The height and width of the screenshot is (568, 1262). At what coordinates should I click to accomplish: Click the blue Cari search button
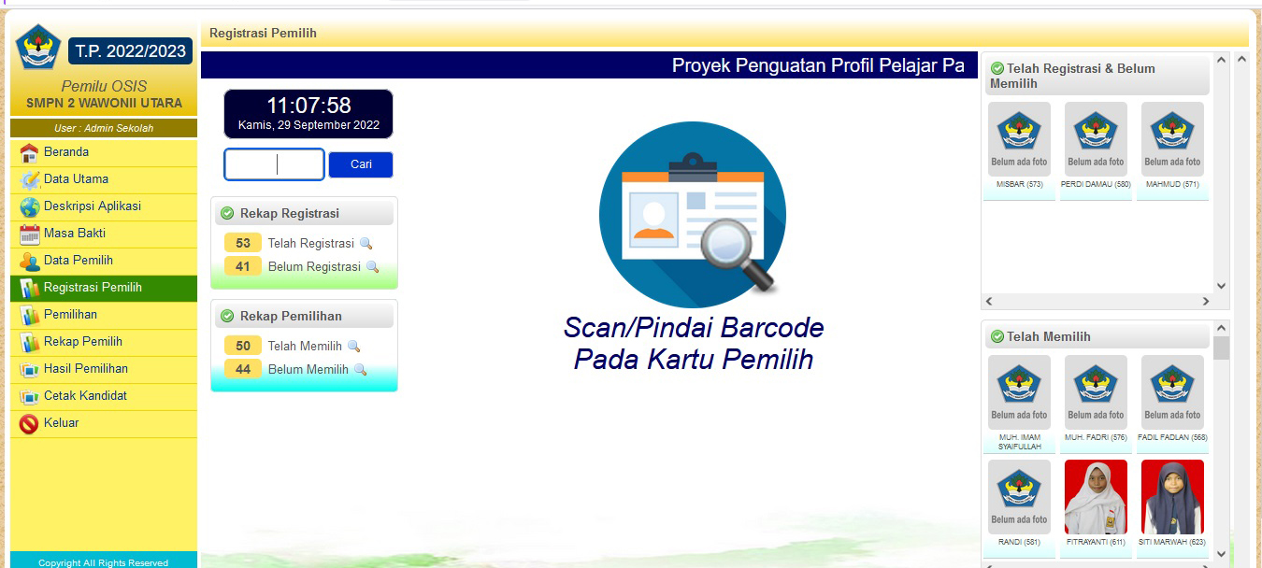coord(361,164)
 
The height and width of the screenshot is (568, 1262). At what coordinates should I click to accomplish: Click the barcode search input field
coord(275,164)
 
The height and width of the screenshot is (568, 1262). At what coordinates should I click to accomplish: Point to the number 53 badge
coord(243,243)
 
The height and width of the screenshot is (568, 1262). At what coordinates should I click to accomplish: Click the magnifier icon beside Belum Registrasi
coord(372,267)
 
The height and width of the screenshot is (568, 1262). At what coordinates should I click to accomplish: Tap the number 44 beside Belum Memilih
coord(243,369)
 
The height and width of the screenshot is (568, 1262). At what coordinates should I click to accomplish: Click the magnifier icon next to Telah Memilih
coord(353,347)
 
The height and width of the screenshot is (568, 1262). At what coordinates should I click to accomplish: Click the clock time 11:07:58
coord(308,106)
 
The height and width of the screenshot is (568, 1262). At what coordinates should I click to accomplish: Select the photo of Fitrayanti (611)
coord(1096,496)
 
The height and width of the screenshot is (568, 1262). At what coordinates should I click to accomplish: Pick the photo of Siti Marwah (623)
coord(1172,496)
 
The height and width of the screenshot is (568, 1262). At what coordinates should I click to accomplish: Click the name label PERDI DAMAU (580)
coord(1096,184)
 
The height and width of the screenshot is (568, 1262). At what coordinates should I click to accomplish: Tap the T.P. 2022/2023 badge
coord(130,51)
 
